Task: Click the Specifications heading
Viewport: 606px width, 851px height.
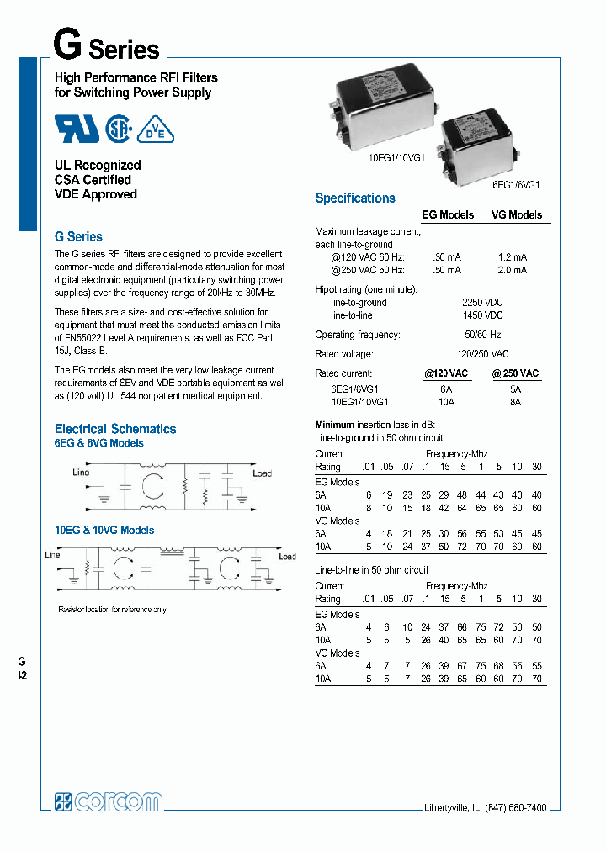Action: point(354,198)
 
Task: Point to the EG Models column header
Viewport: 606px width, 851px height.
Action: point(448,215)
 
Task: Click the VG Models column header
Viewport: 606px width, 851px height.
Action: point(517,215)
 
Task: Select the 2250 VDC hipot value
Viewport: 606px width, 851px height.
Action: point(482,302)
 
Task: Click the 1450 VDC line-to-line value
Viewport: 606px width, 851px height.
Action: point(482,315)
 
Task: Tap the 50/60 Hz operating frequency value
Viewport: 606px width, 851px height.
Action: point(482,335)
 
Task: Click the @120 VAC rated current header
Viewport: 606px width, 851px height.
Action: point(446,373)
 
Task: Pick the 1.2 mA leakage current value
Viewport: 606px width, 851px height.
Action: point(513,256)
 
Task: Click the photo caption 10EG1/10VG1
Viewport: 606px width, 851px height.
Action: point(396,157)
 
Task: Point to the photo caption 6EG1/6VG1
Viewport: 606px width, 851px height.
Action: point(516,185)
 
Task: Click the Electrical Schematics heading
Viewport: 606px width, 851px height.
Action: point(115,429)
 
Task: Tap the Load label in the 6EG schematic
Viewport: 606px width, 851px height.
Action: point(263,473)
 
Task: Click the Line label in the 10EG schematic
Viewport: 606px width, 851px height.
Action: point(52,555)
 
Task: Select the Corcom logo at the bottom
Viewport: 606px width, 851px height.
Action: point(108,801)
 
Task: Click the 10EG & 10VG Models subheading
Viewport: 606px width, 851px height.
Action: point(104,531)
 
